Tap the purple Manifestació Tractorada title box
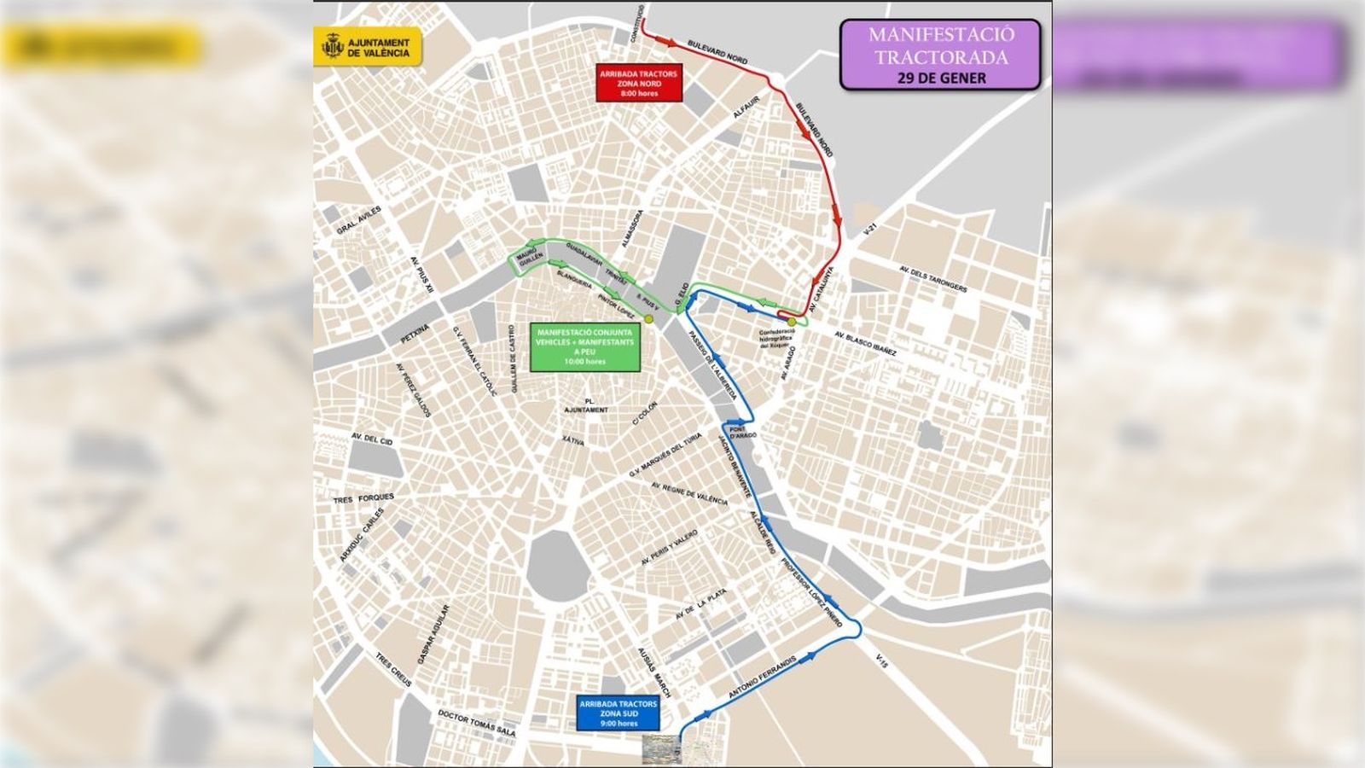coord(940,55)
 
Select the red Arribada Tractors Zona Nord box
coord(638,84)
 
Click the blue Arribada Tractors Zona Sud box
coord(618,713)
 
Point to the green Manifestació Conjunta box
coord(584,347)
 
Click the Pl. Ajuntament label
coord(586,405)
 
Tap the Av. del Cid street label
coord(372,440)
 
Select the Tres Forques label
coord(363,497)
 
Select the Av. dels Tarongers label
coord(933,278)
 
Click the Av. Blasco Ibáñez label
coord(866,342)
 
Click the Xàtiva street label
coord(572,440)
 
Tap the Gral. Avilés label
coord(359,220)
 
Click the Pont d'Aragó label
coord(742,433)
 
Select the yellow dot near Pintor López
coord(648,319)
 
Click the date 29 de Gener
coord(941,78)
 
